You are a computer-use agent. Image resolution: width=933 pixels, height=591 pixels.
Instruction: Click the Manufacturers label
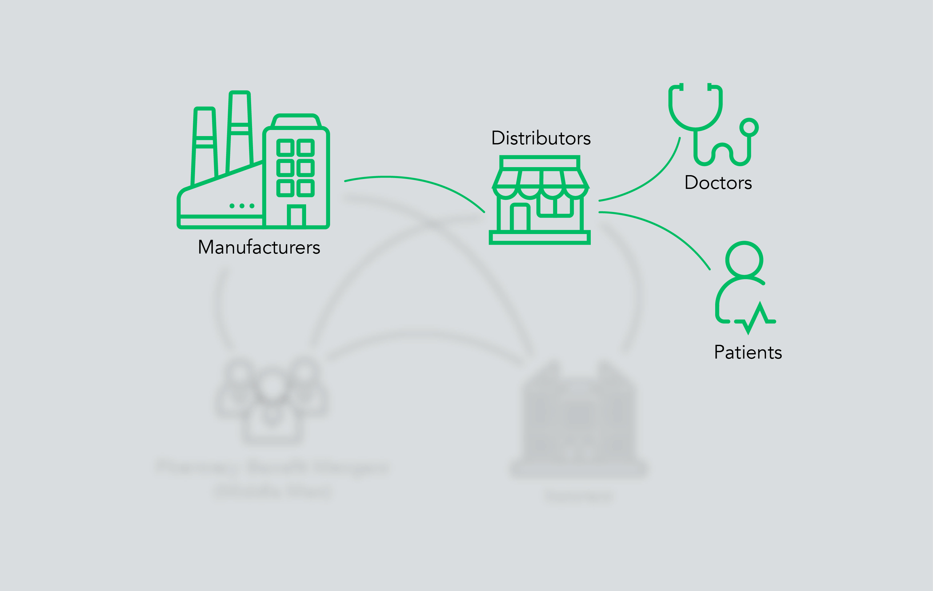click(x=259, y=247)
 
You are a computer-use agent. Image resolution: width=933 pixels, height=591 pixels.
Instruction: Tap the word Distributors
click(x=541, y=138)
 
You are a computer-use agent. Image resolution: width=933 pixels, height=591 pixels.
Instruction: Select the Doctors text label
click(x=718, y=183)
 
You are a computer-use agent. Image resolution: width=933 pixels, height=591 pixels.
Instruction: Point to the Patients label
click(x=748, y=352)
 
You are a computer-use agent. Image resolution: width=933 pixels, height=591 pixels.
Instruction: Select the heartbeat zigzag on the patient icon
click(x=755, y=318)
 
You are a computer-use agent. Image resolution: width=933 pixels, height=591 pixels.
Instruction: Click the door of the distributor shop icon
click(x=520, y=218)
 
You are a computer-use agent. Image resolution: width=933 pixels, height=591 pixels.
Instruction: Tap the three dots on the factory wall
click(x=242, y=206)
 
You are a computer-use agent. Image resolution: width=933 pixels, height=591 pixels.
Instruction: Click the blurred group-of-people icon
click(x=272, y=400)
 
